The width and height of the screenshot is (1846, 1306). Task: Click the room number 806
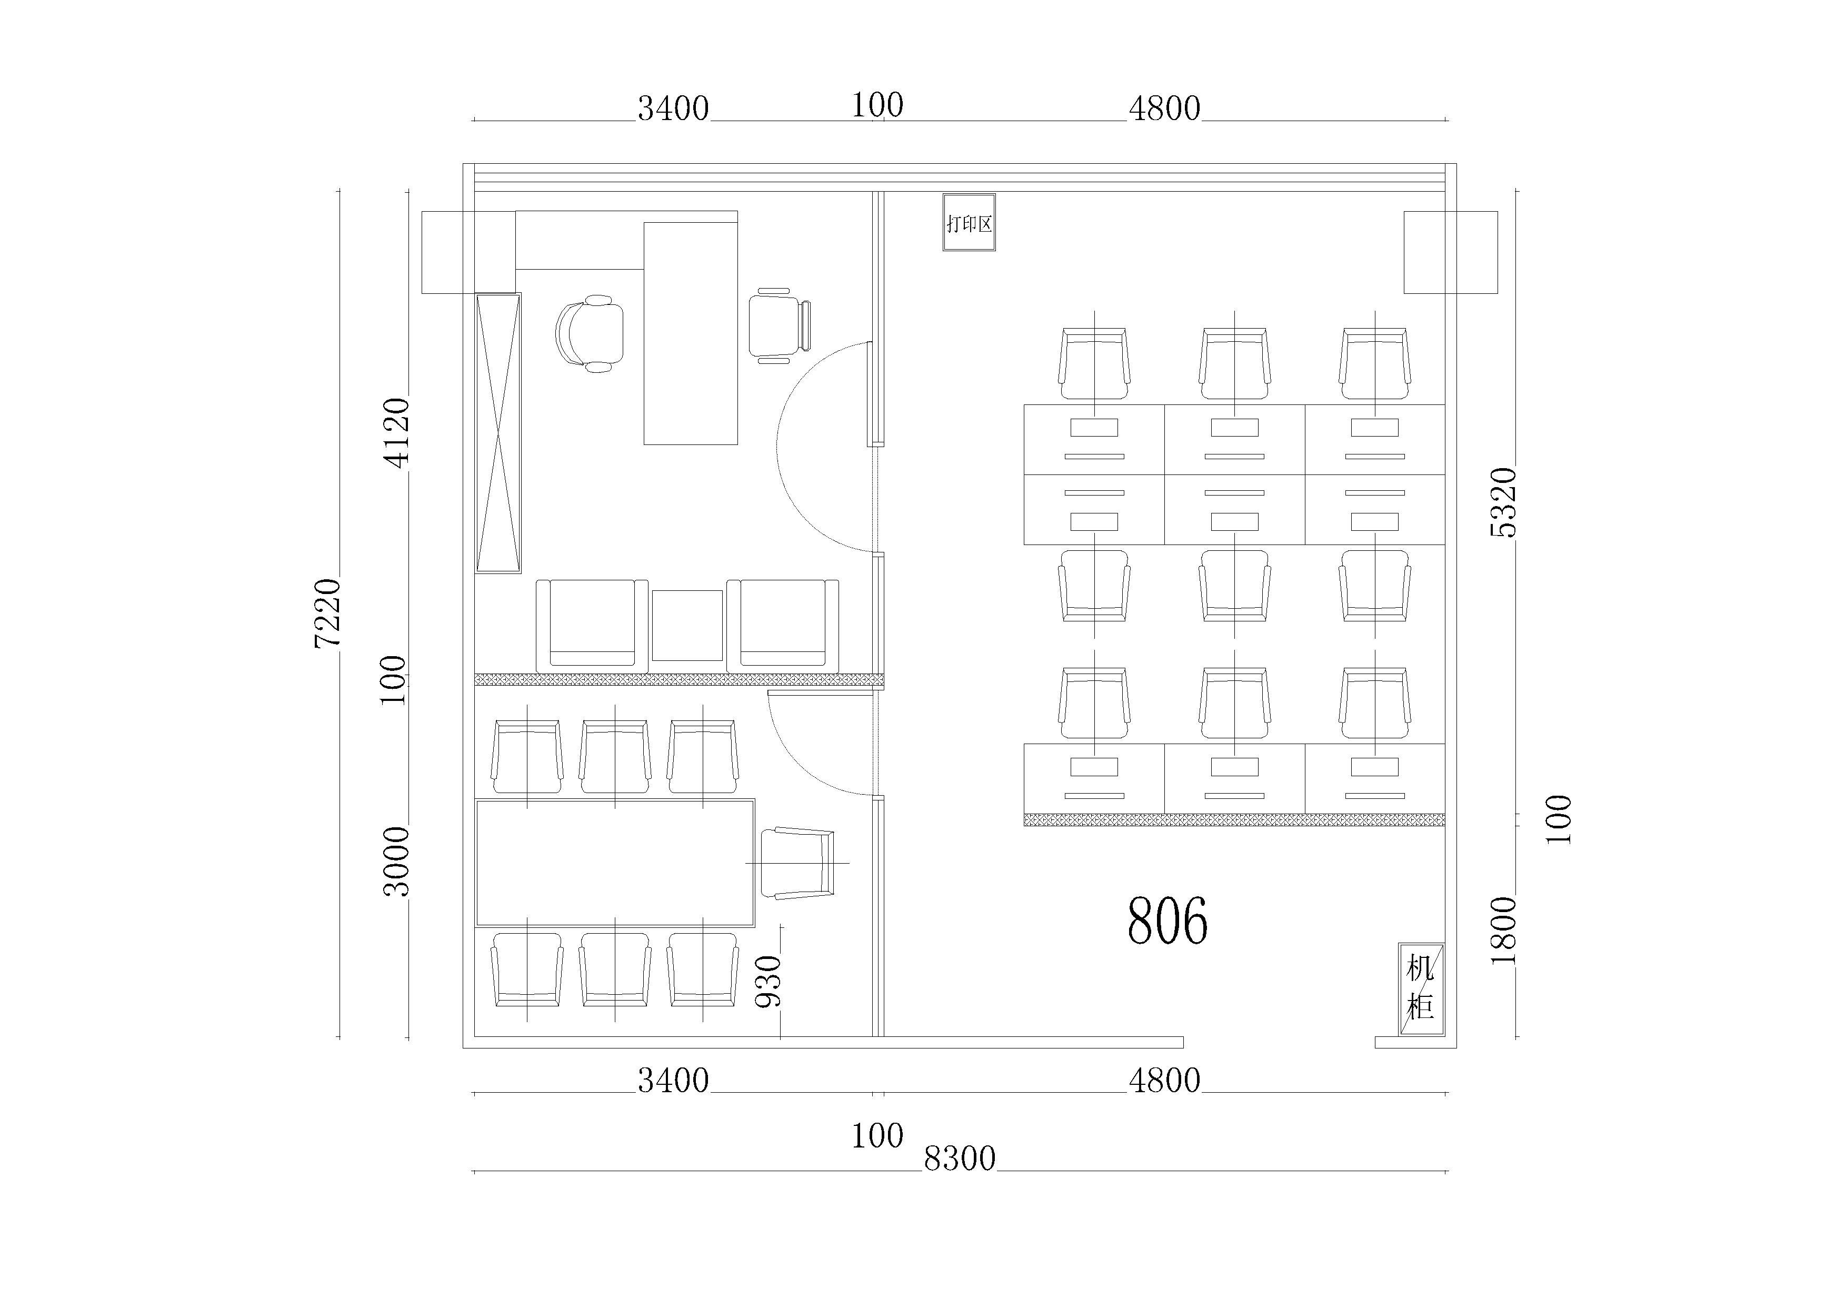(x=1166, y=921)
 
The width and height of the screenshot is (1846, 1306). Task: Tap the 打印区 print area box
(x=969, y=222)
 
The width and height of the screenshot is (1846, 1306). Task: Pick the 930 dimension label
(x=769, y=981)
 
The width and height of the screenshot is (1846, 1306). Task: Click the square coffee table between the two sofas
(x=686, y=625)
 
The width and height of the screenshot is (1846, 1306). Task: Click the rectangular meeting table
(x=615, y=862)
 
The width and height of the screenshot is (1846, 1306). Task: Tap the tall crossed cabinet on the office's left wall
(x=498, y=433)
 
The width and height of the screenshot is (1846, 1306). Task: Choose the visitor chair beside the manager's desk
(x=779, y=325)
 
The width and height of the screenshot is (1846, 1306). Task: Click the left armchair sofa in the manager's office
(x=592, y=626)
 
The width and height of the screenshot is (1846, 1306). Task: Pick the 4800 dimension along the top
(x=1164, y=108)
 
